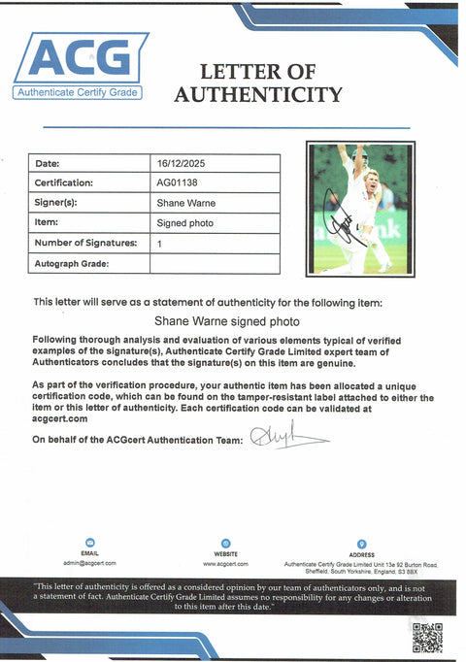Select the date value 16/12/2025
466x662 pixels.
point(182,163)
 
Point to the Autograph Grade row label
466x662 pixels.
point(72,263)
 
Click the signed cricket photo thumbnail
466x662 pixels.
point(361,208)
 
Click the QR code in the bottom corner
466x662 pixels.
point(427,637)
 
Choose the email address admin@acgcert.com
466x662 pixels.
point(90,563)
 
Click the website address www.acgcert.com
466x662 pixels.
point(225,563)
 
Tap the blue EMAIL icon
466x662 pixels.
point(90,542)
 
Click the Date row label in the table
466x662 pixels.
point(48,163)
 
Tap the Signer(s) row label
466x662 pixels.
point(55,204)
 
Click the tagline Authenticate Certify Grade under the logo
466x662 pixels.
point(77,92)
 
